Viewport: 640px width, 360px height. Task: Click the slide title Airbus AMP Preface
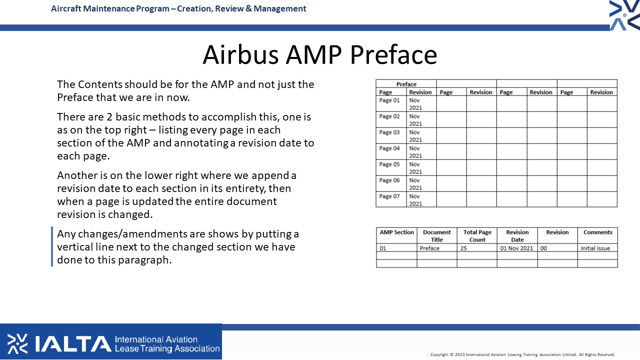[x=319, y=54]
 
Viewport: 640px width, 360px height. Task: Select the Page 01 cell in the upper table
[x=389, y=100]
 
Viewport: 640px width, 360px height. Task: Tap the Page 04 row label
[x=389, y=148]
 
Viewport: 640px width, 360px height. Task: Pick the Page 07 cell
[x=389, y=196]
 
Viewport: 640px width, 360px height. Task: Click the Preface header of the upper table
[x=406, y=84]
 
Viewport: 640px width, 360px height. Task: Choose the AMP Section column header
[x=396, y=232]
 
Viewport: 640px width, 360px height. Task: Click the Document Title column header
[x=437, y=236]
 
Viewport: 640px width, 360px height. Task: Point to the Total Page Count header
[x=477, y=236]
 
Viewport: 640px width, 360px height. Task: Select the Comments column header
[x=597, y=232]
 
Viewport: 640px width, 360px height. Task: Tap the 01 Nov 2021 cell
[x=516, y=248]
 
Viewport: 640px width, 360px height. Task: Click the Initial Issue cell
[x=595, y=248]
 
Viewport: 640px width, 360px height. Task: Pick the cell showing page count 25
[x=463, y=248]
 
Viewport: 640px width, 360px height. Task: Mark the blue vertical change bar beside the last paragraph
[x=52, y=246]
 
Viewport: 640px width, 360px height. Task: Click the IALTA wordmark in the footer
[x=73, y=343]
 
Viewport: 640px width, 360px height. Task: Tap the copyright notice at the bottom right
[x=522, y=354]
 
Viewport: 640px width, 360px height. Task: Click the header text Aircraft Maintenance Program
[x=110, y=8]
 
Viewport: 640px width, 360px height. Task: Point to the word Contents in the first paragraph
[x=100, y=84]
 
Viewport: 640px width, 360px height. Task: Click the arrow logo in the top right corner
[x=625, y=15]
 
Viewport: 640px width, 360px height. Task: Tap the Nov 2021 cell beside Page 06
[x=415, y=184]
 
